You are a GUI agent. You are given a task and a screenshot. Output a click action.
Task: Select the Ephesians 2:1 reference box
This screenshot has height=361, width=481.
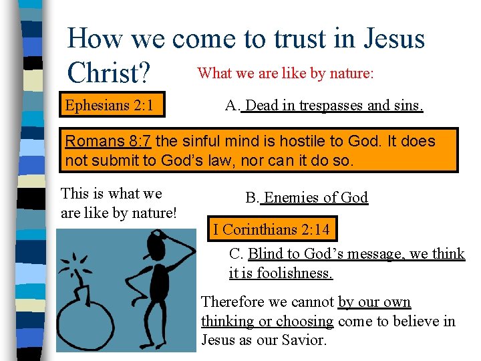[x=110, y=106]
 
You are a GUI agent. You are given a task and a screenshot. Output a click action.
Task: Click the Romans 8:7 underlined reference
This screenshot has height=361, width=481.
[x=109, y=141]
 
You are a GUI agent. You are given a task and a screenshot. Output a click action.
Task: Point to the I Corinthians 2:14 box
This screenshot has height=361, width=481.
[x=271, y=229]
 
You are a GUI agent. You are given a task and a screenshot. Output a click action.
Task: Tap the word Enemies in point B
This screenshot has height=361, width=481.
[x=290, y=197]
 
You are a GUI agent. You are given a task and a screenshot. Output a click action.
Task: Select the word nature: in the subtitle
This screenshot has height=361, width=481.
[x=350, y=73]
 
